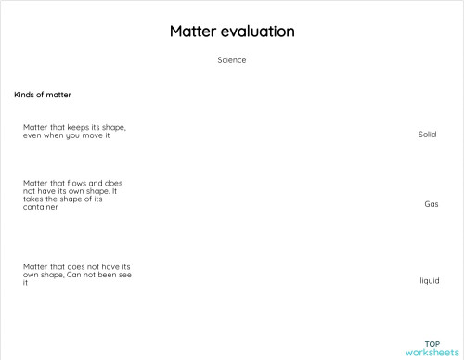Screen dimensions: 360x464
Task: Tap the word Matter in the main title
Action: coord(192,32)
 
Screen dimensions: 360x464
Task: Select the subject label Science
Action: coord(231,60)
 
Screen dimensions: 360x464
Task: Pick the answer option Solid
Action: coord(427,135)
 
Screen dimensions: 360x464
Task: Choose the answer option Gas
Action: coord(431,204)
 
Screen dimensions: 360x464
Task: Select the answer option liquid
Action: coord(429,279)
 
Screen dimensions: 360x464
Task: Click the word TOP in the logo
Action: coord(432,343)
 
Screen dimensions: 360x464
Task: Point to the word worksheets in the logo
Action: coord(432,353)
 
